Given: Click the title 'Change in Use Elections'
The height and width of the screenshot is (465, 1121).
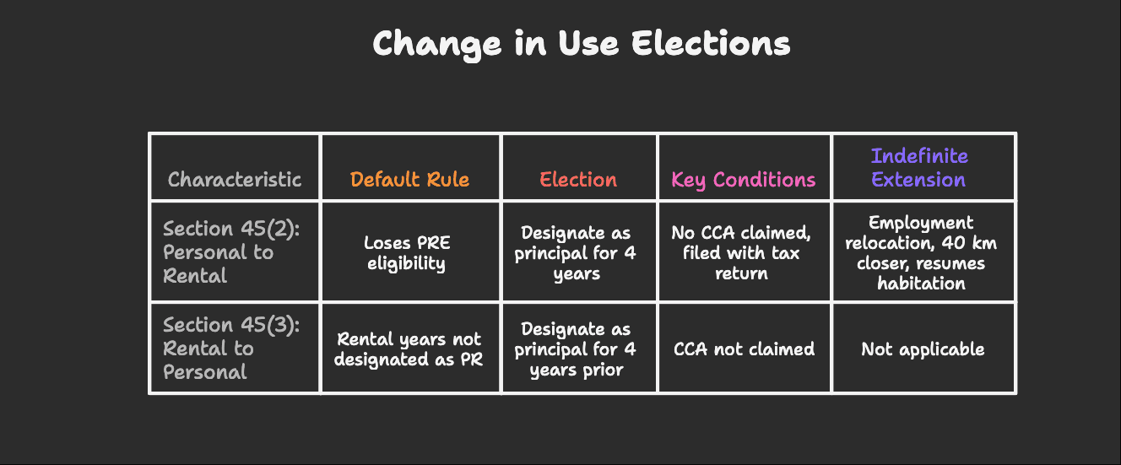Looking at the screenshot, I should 581,44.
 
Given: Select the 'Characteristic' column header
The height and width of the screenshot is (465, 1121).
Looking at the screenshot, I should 234,180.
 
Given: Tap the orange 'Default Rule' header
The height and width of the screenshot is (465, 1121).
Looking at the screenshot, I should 409,180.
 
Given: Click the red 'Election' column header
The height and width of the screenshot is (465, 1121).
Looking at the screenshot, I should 578,180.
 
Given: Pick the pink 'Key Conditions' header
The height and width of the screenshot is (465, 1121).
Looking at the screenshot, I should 743,180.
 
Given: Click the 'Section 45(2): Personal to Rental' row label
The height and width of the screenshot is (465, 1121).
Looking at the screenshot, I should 218,252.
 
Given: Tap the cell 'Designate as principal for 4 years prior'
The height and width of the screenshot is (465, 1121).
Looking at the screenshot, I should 577,349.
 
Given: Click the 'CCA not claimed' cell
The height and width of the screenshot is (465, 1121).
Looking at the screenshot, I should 744,349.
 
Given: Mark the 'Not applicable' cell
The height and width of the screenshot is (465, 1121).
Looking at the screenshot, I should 923,349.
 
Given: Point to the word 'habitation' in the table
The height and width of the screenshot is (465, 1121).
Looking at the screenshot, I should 921,283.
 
